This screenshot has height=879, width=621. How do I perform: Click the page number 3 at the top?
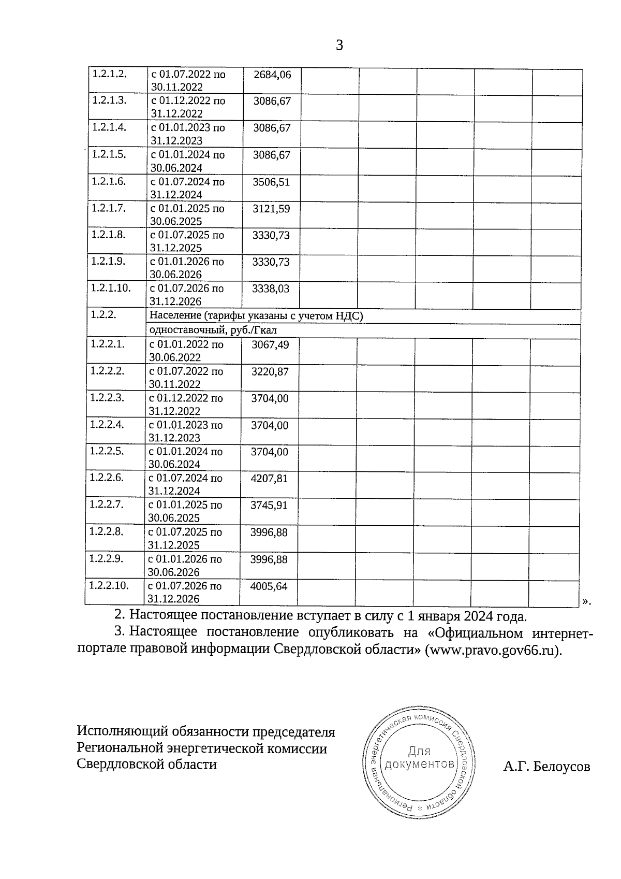click(x=339, y=46)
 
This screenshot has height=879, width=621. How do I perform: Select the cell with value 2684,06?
click(x=272, y=75)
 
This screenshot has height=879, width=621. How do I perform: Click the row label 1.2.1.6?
click(x=109, y=181)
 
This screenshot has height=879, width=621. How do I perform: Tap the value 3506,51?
click(x=271, y=182)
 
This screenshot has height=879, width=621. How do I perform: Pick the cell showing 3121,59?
click(x=271, y=209)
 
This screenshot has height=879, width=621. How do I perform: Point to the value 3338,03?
click(x=271, y=289)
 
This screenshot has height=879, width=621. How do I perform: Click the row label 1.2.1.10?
click(x=111, y=287)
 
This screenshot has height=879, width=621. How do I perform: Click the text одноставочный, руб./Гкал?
click(x=210, y=330)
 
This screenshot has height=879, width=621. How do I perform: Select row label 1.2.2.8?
click(x=106, y=531)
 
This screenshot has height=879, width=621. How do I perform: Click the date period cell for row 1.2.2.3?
click(x=186, y=405)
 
